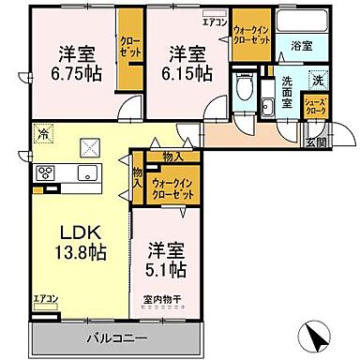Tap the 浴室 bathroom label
point(301,44)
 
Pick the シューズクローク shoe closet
point(316,107)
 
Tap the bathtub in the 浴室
point(301,22)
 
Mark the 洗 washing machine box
point(317,82)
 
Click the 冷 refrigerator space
point(43,132)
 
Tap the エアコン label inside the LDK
point(45,299)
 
